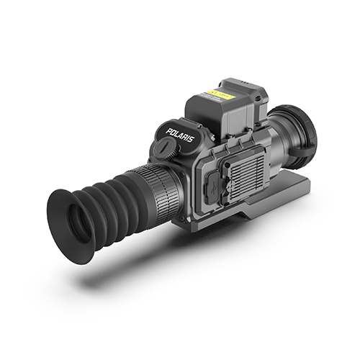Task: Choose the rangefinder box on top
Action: (x=216, y=108)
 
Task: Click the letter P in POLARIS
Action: (x=168, y=132)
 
